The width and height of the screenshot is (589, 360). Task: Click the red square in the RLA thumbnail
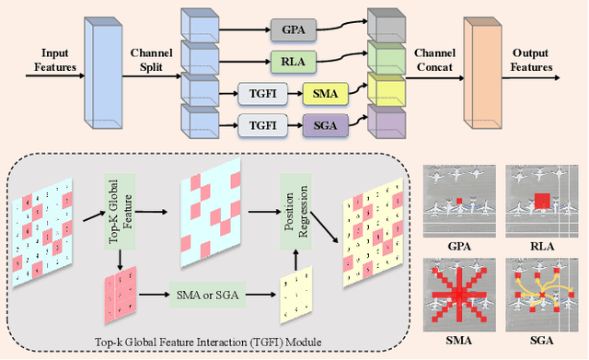coord(541,201)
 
